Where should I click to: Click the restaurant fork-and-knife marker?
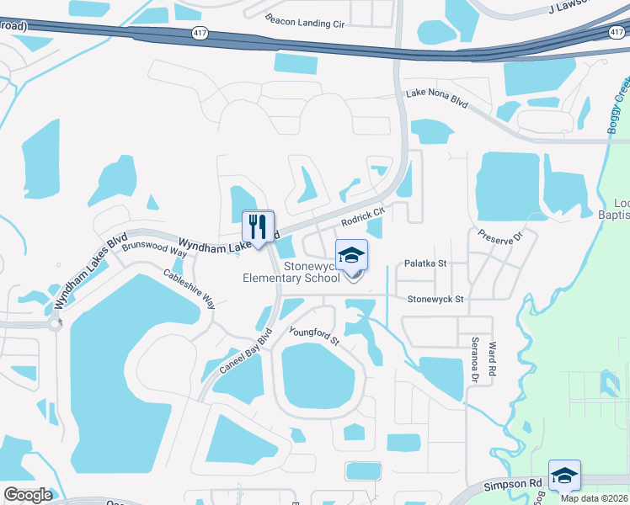(x=259, y=226)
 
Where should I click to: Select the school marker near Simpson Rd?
(x=563, y=476)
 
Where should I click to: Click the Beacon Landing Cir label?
(x=305, y=21)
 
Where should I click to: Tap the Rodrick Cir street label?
(x=363, y=216)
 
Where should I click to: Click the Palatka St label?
(x=424, y=263)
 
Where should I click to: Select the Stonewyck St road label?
(x=435, y=299)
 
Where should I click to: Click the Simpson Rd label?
(x=511, y=486)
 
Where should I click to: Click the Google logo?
(x=29, y=495)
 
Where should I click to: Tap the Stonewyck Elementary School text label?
(x=291, y=272)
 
